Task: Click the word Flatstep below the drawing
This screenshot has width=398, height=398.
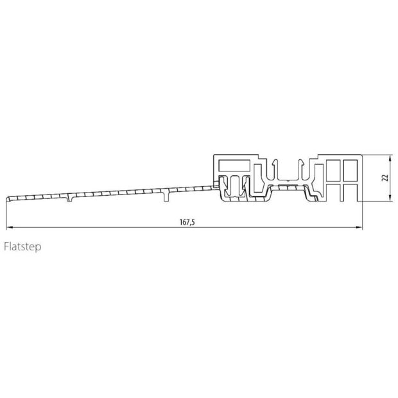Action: [x=22, y=247]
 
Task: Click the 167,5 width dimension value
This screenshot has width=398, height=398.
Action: [x=187, y=222]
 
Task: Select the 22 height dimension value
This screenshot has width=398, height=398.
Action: [x=385, y=178]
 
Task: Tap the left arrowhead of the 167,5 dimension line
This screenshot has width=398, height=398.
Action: [x=9, y=227]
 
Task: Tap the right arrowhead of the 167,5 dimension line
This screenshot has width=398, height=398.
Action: [x=359, y=227]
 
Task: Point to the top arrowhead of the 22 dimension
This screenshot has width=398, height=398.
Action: [x=390, y=158]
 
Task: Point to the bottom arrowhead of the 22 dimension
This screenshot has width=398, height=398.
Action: [x=390, y=198]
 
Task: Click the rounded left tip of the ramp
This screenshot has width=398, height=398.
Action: [x=8, y=198]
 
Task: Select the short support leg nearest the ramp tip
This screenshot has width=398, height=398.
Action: [x=69, y=198]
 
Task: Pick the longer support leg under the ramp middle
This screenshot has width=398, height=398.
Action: [x=166, y=195]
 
